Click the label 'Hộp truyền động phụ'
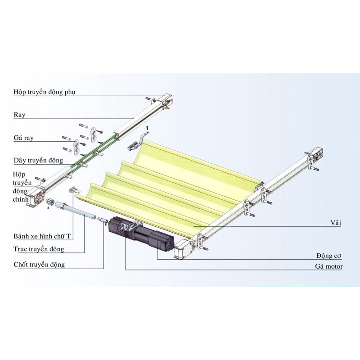44,92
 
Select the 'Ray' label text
19,115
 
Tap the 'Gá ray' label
24,138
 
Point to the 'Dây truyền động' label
38,160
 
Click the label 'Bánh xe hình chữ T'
42,236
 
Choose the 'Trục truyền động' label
39,249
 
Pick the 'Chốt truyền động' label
39,265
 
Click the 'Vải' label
336,223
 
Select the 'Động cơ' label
328,256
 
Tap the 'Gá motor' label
329,266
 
